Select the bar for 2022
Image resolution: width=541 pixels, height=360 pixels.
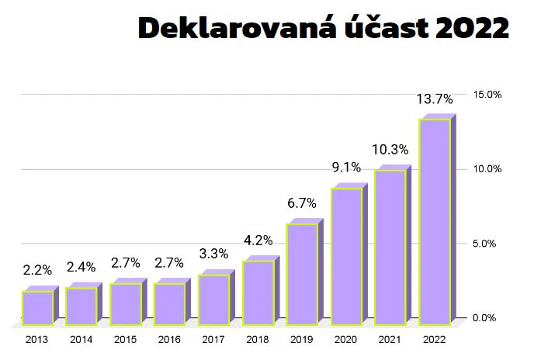(x=435, y=221)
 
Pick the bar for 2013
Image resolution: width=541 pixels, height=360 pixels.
(x=37, y=307)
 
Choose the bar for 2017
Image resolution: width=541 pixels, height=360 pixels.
(x=214, y=299)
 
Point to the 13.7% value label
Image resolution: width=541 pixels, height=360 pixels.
(x=434, y=99)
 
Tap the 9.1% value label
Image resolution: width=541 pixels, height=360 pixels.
(x=345, y=167)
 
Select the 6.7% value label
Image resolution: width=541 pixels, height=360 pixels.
(x=301, y=203)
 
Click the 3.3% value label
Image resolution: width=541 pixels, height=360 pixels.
(x=213, y=254)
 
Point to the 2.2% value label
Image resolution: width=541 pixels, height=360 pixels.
(x=37, y=270)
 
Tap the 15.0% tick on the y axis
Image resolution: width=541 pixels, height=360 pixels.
(x=488, y=94)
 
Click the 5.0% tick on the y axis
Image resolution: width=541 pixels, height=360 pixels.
(x=489, y=244)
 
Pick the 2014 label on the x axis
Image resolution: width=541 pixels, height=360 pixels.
(x=81, y=339)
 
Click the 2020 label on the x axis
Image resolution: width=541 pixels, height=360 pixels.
(x=345, y=339)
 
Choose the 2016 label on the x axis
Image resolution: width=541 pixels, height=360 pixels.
(x=169, y=339)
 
